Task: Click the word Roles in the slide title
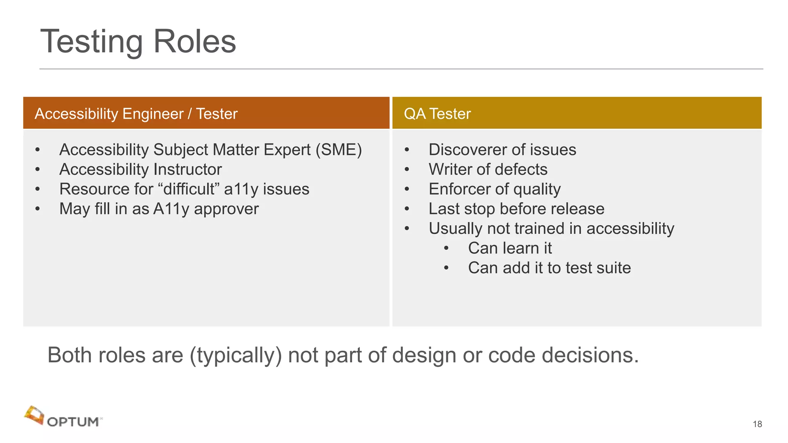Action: pyautogui.click(x=194, y=42)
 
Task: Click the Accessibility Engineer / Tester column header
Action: pyautogui.click(x=136, y=114)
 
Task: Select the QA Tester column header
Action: pyautogui.click(x=437, y=114)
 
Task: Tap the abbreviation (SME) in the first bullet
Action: pyautogui.click(x=339, y=150)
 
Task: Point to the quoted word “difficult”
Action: pyautogui.click(x=189, y=189)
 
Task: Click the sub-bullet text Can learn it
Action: pyautogui.click(x=510, y=248)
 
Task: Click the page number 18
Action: pyautogui.click(x=757, y=424)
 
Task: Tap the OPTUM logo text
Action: pyautogui.click(x=73, y=422)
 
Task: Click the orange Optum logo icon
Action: pyautogui.click(x=34, y=415)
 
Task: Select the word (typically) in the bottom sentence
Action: pyautogui.click(x=236, y=355)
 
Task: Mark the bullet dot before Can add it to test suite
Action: pyautogui.click(x=446, y=268)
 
